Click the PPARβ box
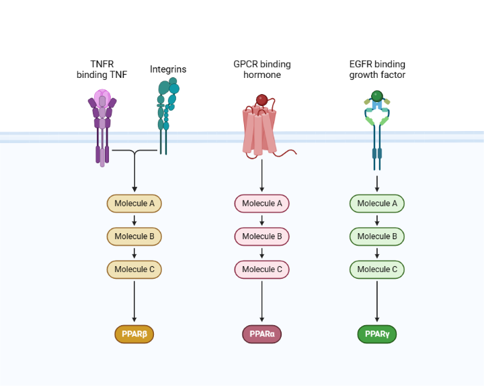point(134,333)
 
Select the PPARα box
point(261,333)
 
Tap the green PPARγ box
point(376,333)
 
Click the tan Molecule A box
point(134,203)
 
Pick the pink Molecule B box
point(261,236)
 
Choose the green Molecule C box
point(376,269)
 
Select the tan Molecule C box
point(134,269)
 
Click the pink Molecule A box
point(261,203)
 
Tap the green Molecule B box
point(376,236)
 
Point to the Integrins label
point(168,69)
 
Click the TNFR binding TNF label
point(102,69)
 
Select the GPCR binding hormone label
point(261,69)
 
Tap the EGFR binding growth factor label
point(377,69)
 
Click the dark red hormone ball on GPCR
point(261,100)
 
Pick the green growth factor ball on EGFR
point(377,96)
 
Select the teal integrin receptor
point(165,114)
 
